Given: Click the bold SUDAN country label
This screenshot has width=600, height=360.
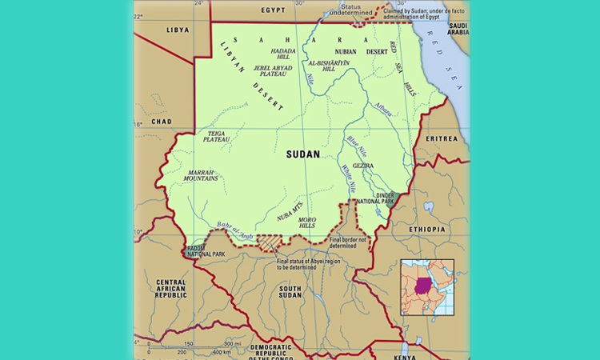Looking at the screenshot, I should (x=302, y=154).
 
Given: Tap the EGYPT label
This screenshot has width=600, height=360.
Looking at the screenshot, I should (x=273, y=10).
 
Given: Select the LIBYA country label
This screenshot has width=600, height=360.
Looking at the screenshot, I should (x=178, y=30).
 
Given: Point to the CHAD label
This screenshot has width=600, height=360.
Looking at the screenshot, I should (x=162, y=122).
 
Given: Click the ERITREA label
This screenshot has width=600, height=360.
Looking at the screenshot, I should (x=442, y=138).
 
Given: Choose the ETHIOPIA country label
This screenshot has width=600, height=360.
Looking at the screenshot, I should (x=427, y=230).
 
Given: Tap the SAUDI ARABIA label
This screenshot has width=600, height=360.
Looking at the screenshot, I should (x=458, y=29).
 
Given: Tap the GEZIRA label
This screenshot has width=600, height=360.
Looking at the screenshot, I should (x=363, y=166).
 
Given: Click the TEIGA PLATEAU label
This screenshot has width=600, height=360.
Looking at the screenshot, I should (x=218, y=137).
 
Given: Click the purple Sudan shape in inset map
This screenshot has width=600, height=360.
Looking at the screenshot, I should (x=423, y=286).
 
